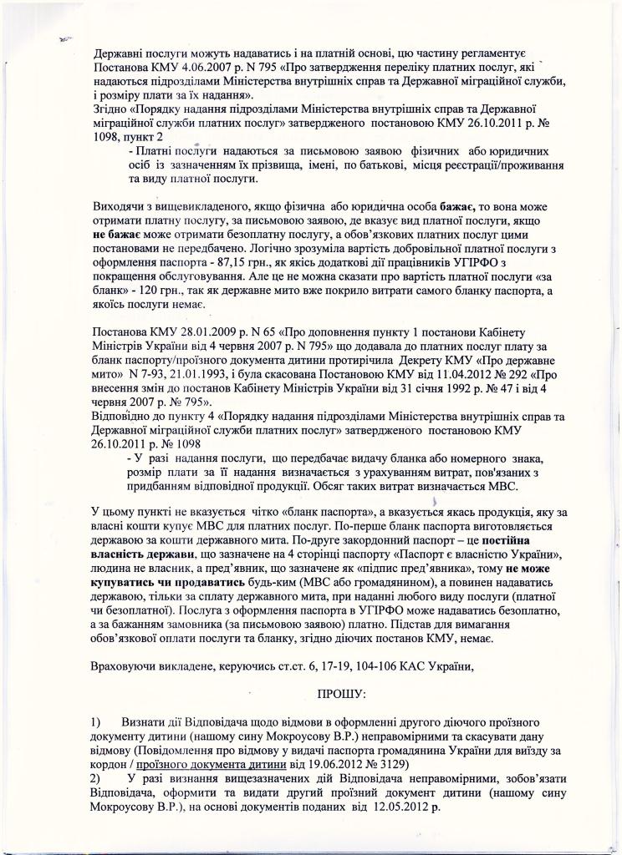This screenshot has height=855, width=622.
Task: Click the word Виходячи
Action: tap(119, 206)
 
